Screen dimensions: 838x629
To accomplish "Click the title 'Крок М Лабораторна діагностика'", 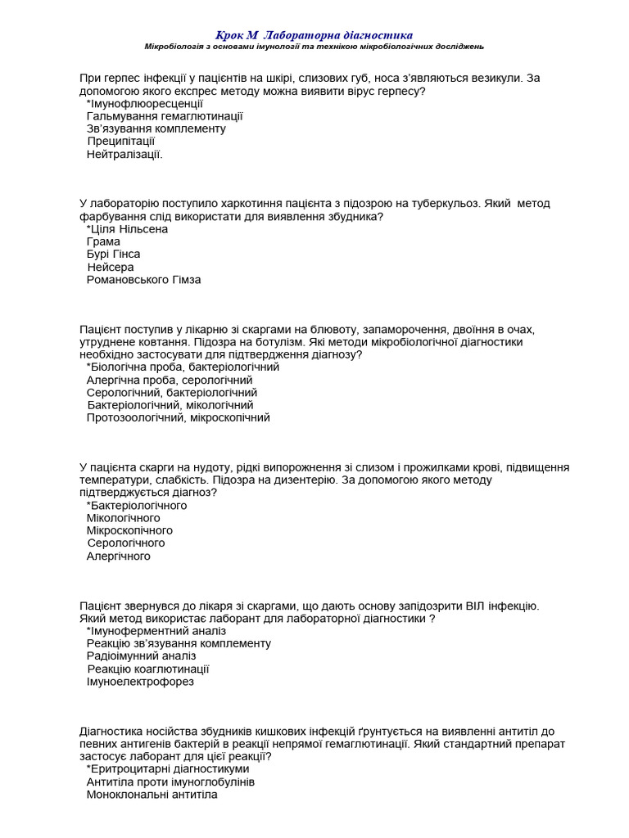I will click(314, 35).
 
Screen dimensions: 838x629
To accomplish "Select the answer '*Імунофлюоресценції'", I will click(144, 104).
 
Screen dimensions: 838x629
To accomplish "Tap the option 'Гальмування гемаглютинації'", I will click(165, 116).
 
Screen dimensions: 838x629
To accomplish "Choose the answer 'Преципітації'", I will click(121, 142).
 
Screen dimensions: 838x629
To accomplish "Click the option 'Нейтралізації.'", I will click(124, 154).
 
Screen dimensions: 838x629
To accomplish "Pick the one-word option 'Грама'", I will click(103, 242).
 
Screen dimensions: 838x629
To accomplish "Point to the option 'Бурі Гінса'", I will click(113, 255).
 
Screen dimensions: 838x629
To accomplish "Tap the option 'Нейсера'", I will click(111, 267).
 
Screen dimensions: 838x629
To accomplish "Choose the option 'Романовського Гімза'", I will click(143, 280).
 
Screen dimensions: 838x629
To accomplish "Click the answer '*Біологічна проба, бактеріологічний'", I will click(183, 367).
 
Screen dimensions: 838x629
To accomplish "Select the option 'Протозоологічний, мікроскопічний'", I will click(179, 417).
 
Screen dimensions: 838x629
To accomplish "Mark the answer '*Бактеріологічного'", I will click(137, 506).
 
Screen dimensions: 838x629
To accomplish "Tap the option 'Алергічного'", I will click(119, 556).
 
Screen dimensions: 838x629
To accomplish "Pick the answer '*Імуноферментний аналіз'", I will click(156, 631).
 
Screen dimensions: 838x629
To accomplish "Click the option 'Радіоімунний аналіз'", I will click(142, 656).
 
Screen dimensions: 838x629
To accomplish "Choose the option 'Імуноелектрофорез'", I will click(140, 682).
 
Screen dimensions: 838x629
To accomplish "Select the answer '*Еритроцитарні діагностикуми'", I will click(168, 769).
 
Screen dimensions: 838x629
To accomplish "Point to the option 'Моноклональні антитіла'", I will click(152, 795).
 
